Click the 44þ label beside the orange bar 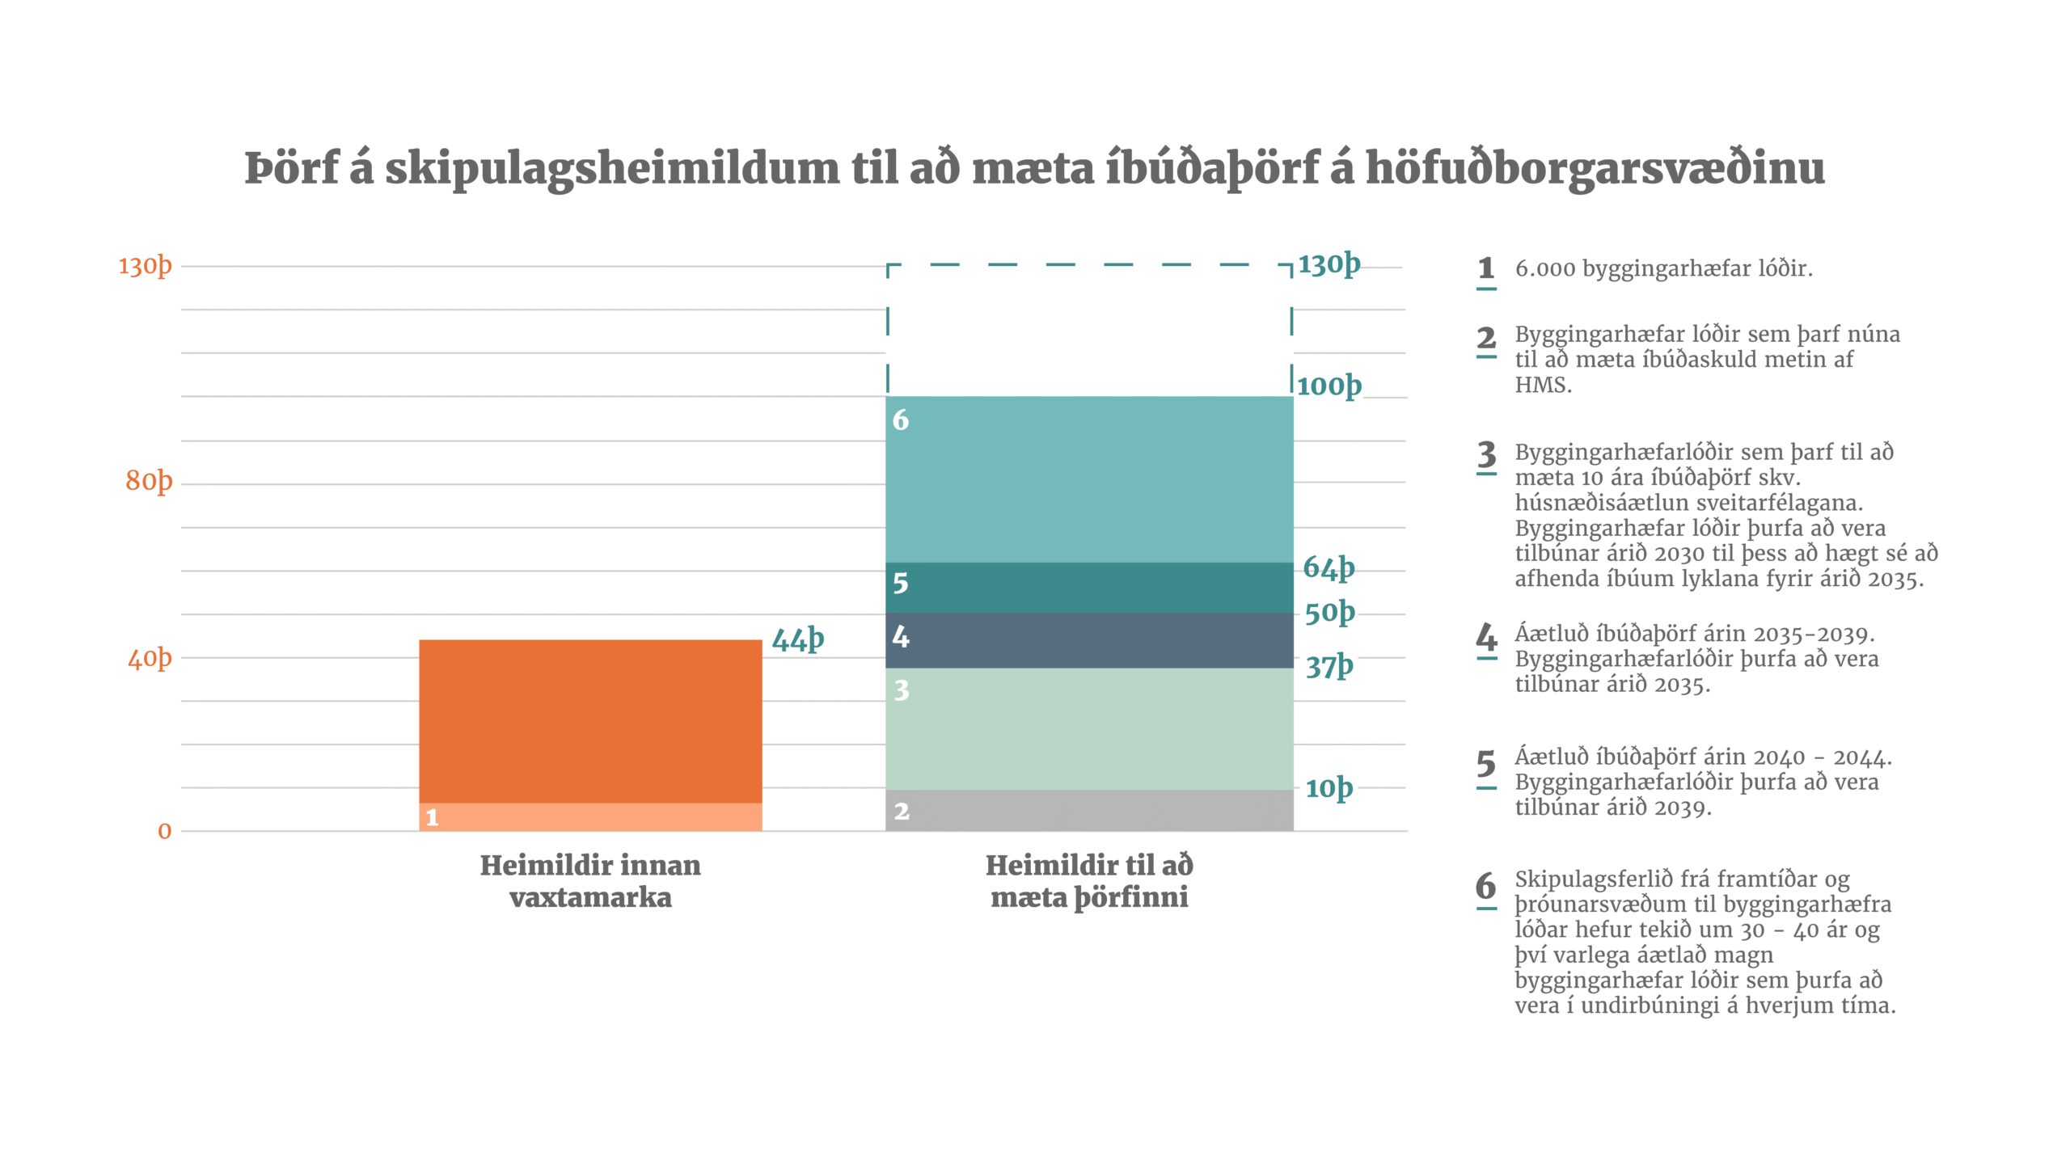click(x=797, y=639)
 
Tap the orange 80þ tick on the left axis click(x=149, y=481)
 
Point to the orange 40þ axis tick click(x=150, y=658)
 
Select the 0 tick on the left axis click(x=165, y=831)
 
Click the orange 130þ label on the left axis click(x=146, y=266)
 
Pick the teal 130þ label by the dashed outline click(x=1329, y=264)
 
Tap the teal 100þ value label click(x=1329, y=386)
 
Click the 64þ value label click(x=1329, y=567)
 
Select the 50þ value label click(x=1329, y=613)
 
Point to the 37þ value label click(x=1329, y=666)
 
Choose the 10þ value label click(x=1329, y=788)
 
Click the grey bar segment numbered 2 click(x=1089, y=811)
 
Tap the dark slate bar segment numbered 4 click(x=1089, y=640)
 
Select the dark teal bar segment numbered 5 click(x=1089, y=588)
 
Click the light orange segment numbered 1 click(x=590, y=817)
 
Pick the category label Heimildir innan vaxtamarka click(x=590, y=881)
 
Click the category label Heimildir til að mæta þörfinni click(x=1089, y=881)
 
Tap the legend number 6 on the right click(x=1486, y=886)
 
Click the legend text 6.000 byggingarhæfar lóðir click(x=1663, y=268)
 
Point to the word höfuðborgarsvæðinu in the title click(x=1595, y=168)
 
